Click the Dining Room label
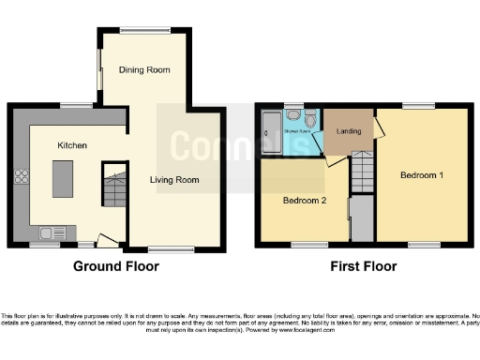pyautogui.click(x=143, y=69)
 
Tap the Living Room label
pyautogui.click(x=175, y=179)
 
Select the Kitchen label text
pyautogui.click(x=72, y=145)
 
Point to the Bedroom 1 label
pyautogui.click(x=422, y=175)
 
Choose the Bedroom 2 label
pyautogui.click(x=305, y=199)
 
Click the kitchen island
pyautogui.click(x=63, y=180)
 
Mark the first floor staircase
pyautogui.click(x=362, y=173)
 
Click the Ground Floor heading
pyautogui.click(x=116, y=266)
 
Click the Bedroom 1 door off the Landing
pyautogui.click(x=379, y=127)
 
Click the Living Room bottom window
pyautogui.click(x=167, y=248)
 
